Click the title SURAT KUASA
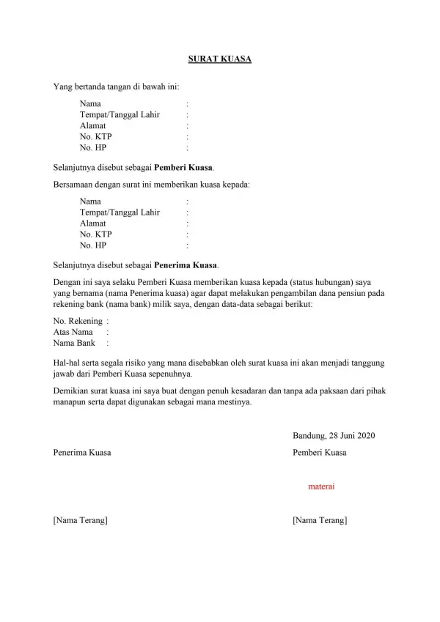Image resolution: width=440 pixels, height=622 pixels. point(219,58)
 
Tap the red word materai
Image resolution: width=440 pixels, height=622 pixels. point(322,485)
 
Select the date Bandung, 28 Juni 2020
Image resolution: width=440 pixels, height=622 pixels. point(333,436)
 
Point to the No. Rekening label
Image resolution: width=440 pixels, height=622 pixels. point(77,321)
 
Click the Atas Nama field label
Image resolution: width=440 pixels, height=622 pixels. point(73,332)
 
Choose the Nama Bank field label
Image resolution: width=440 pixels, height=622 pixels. point(75,342)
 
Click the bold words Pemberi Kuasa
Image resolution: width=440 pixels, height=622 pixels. point(183,168)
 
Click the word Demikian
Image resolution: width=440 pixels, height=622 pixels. point(73,390)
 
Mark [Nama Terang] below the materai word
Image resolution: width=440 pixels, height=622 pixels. point(320,520)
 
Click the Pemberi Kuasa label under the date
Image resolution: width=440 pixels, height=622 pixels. point(319,453)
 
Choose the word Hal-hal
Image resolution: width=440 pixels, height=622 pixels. point(67,363)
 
